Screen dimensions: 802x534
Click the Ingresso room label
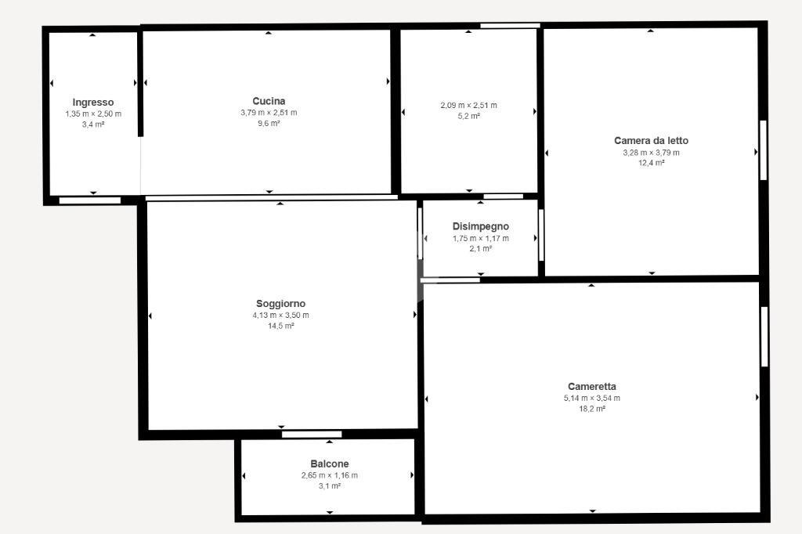pos(93,103)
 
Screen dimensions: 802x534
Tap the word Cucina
pos(269,101)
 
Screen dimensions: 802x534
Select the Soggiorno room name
pos(281,304)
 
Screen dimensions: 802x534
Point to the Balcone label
pos(330,464)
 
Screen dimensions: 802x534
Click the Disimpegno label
pos(481,226)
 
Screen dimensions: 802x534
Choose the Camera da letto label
pos(651,141)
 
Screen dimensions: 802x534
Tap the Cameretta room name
pos(592,387)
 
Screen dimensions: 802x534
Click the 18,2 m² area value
pos(592,409)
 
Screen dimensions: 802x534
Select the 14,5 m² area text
pos(281,326)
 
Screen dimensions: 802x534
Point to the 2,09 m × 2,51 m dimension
pos(468,106)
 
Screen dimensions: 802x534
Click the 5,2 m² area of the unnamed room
pos(468,116)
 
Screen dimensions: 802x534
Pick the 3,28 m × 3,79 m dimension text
pos(651,153)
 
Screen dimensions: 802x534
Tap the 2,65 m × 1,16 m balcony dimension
pos(330,475)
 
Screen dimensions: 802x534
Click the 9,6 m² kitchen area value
pos(269,123)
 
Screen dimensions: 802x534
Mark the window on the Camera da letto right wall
pos(763,150)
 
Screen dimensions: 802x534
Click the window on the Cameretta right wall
pos(764,337)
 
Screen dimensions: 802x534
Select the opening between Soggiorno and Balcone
pos(312,435)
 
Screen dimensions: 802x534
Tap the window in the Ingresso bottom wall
pos(90,200)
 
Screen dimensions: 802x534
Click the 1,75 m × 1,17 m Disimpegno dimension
pos(481,238)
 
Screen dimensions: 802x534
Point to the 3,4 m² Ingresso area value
pos(93,124)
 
